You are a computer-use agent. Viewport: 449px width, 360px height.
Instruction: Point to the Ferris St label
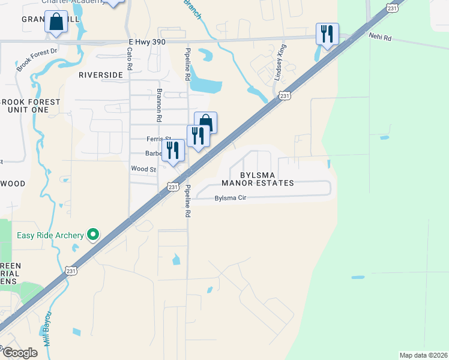[159, 139]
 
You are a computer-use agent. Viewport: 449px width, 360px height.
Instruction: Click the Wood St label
[144, 169]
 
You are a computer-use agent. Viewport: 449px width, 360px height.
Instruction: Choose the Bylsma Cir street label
[230, 197]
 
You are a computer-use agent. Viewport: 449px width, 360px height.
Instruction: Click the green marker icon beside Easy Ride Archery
[93, 235]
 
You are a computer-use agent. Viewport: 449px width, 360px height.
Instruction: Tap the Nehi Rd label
[379, 37]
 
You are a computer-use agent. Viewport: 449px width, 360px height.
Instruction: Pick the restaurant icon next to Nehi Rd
[327, 34]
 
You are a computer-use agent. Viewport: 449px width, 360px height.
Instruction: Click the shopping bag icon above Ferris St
[205, 122]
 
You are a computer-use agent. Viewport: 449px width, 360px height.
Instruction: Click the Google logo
[20, 353]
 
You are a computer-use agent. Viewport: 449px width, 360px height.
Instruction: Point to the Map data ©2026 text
[423, 355]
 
